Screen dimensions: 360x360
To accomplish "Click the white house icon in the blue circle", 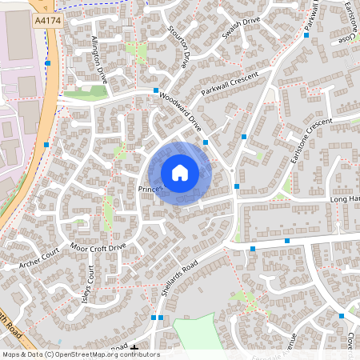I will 180,172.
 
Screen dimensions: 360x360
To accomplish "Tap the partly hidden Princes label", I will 150,189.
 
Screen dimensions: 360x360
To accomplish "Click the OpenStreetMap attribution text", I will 80,354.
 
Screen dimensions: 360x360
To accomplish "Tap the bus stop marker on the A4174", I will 49,62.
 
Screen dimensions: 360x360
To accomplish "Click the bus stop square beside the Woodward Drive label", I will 155,92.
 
